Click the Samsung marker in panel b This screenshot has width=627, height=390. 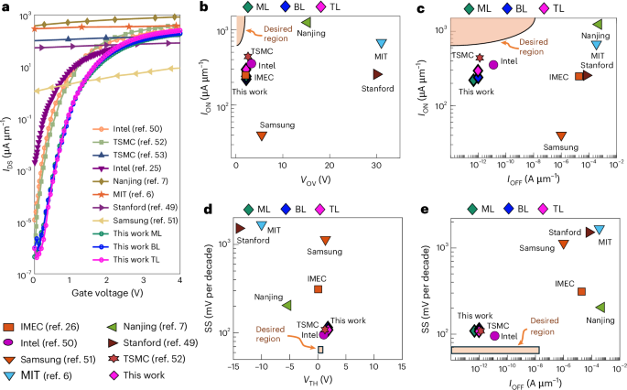tap(262, 135)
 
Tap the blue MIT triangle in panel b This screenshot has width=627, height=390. tap(382, 44)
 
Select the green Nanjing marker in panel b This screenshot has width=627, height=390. tap(307, 22)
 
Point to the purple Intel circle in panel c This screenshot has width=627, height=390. tap(493, 64)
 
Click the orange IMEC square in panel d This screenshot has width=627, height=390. tap(319, 289)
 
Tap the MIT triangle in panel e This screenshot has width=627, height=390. tap(600, 230)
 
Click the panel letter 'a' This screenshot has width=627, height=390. tap(5, 8)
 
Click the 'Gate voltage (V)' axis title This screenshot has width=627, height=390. tap(107, 293)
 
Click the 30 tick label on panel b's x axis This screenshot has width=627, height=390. tap(376, 163)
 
